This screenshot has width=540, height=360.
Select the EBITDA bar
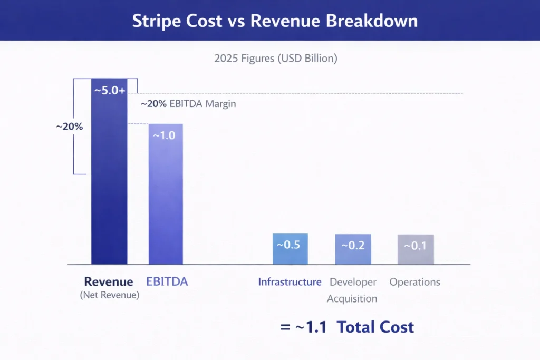click(166, 200)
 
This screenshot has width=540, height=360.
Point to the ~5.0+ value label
click(110, 90)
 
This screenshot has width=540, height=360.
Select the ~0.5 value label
click(288, 245)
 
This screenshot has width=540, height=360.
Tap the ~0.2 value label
click(353, 246)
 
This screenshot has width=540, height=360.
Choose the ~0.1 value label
click(415, 246)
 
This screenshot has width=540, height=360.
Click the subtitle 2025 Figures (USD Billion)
click(275, 59)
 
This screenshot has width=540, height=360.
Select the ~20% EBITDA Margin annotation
click(188, 104)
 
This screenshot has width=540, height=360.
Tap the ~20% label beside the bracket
click(70, 127)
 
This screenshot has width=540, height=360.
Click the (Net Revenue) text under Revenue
click(110, 295)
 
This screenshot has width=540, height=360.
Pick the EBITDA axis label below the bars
click(167, 281)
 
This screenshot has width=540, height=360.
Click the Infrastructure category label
click(290, 282)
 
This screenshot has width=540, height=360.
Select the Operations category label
click(414, 282)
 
